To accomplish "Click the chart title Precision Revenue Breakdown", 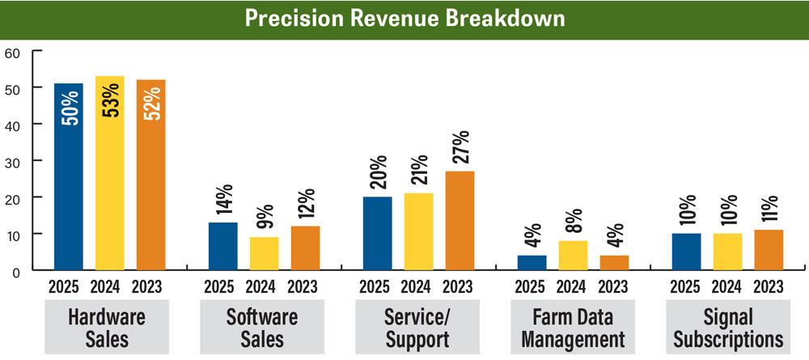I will tap(404, 19).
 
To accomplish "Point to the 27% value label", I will tap(459, 148).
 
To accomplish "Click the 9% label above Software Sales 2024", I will tap(265, 216).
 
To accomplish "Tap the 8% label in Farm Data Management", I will tap(573, 220).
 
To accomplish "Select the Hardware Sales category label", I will tap(107, 327).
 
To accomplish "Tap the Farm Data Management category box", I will tap(572, 327).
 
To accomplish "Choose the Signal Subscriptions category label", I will tap(726, 327).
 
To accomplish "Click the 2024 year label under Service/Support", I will tap(417, 286).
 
